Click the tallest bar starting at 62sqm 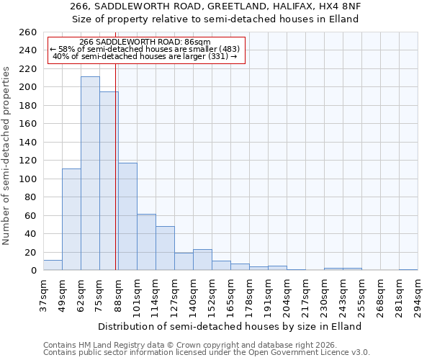[x=90, y=174]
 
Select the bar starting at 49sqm [x=71, y=220]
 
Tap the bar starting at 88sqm [x=127, y=217]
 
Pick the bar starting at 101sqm [x=146, y=242]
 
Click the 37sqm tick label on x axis [x=44, y=295]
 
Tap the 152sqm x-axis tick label [x=212, y=295]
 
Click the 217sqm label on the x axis [x=306, y=295]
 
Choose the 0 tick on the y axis [x=33, y=271]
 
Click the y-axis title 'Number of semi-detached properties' [x=7, y=155]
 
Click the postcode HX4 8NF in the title [x=341, y=6]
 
